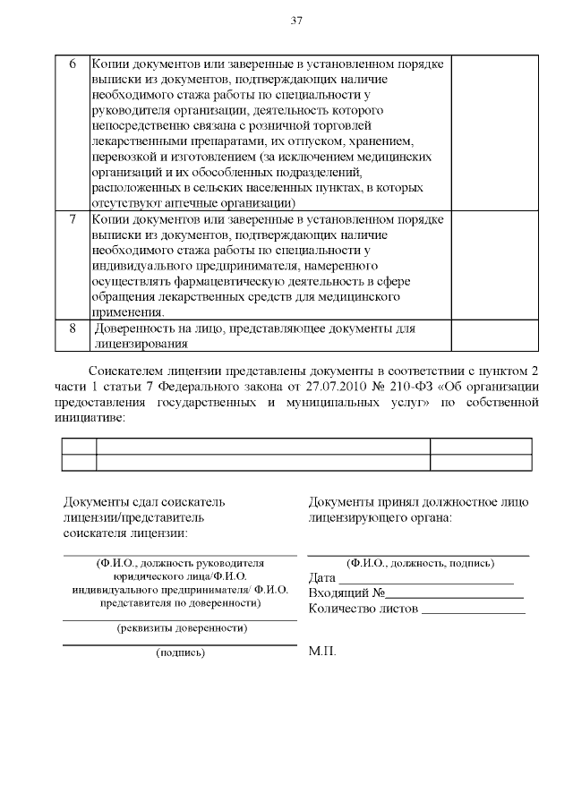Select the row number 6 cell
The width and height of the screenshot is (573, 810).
pos(72,64)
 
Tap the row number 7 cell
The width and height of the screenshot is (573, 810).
pos(72,219)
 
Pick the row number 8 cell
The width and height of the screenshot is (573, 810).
pos(72,328)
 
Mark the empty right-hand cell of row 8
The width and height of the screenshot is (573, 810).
pos(495,336)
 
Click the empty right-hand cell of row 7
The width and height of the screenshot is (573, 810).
pos(495,266)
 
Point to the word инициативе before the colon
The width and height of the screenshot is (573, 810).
pos(92,416)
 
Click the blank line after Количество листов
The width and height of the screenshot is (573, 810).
pos(473,610)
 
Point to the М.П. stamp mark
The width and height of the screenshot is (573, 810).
pos(322,651)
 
